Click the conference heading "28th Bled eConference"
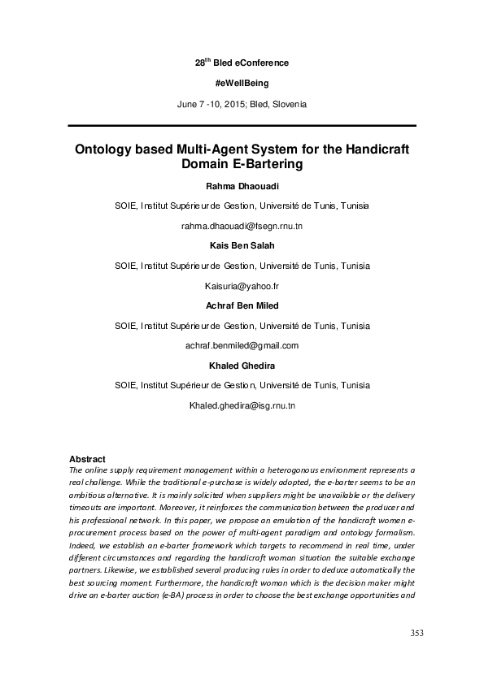pyautogui.click(x=242, y=63)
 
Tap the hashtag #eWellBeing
pyautogui.click(x=242, y=84)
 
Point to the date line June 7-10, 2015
pyautogui.click(x=242, y=105)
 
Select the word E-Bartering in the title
pyautogui.click(x=268, y=165)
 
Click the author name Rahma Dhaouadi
pyautogui.click(x=242, y=187)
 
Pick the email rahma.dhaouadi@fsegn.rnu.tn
pyautogui.click(x=242, y=225)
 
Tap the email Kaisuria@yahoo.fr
pyautogui.click(x=242, y=286)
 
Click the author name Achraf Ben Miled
pyautogui.click(x=242, y=305)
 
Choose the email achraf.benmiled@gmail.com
pyautogui.click(x=242, y=345)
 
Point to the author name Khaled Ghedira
pyautogui.click(x=242, y=365)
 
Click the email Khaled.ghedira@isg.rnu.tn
pyautogui.click(x=242, y=404)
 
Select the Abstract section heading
pyautogui.click(x=87, y=459)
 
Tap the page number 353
pyautogui.click(x=417, y=634)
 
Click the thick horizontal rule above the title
pyautogui.click(x=242, y=126)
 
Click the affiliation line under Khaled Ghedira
pyautogui.click(x=242, y=384)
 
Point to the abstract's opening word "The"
pyautogui.click(x=75, y=470)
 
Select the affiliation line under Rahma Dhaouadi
pyautogui.click(x=242, y=206)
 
